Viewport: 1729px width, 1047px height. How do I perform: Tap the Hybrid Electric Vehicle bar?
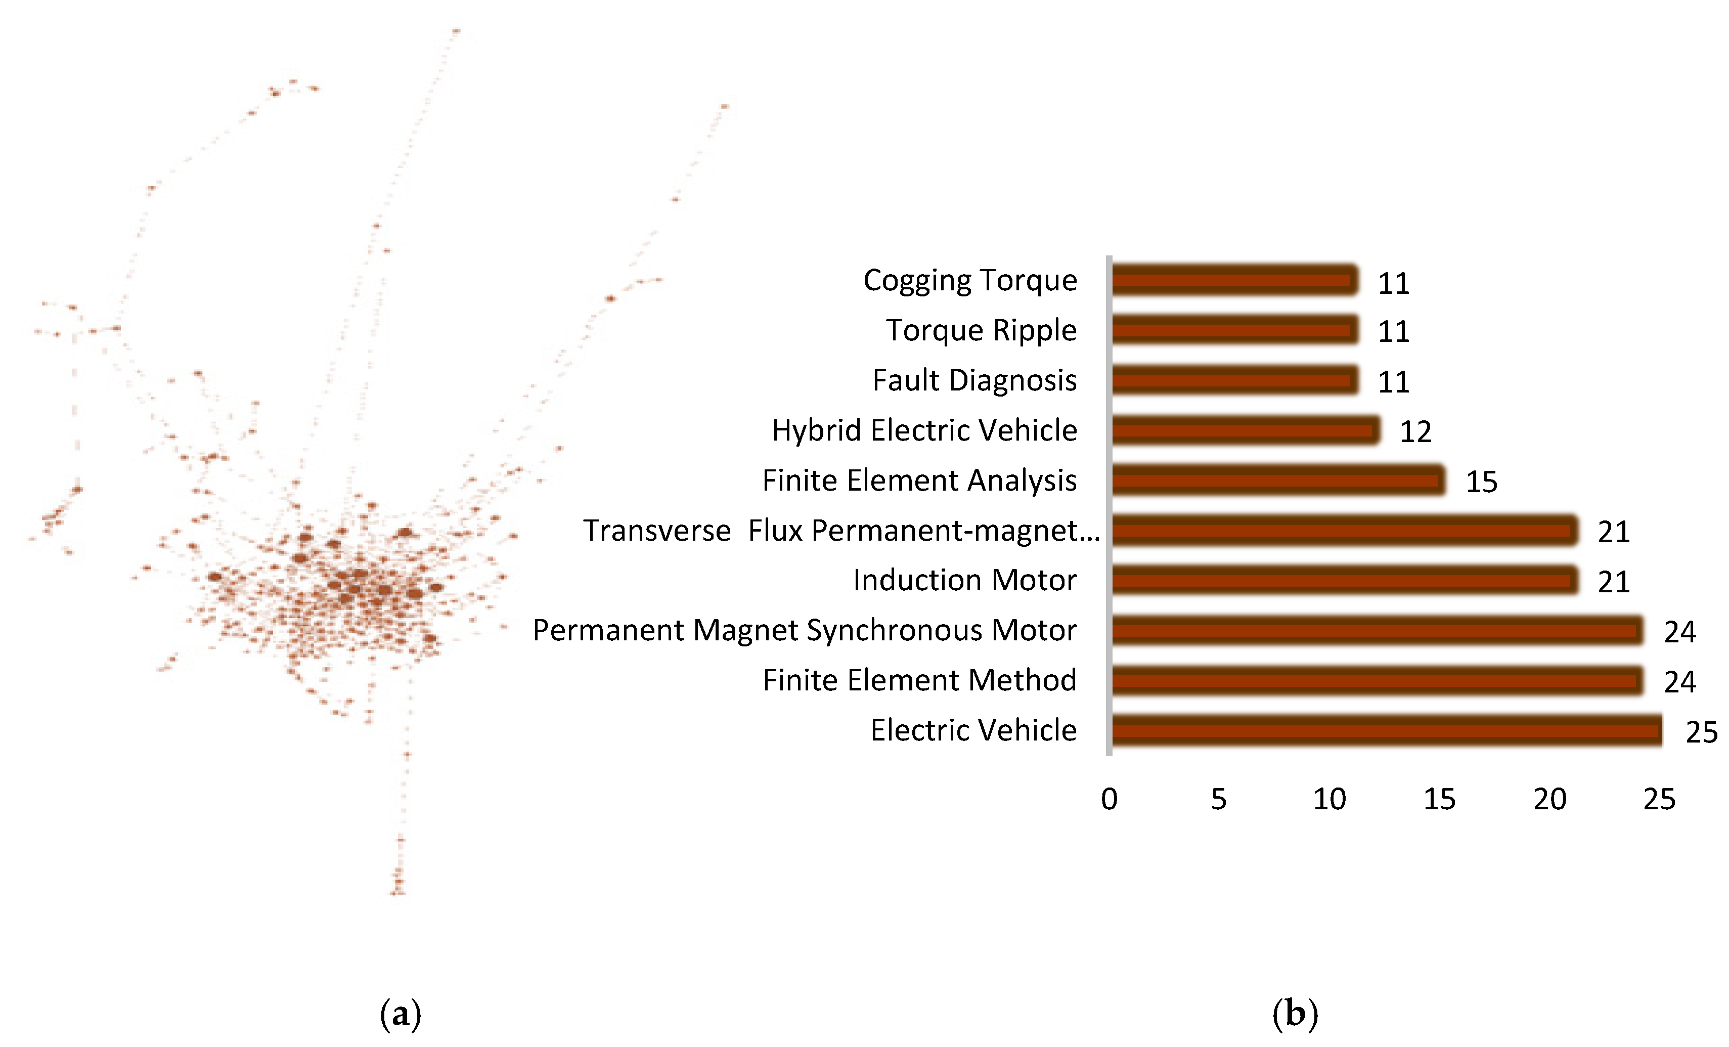click(1245, 430)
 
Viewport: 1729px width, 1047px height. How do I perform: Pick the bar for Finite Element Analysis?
click(1277, 481)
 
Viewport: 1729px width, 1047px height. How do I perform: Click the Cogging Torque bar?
click(1233, 281)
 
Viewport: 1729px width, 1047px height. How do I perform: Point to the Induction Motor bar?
click(1344, 580)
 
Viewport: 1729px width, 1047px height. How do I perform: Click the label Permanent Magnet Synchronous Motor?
click(804, 630)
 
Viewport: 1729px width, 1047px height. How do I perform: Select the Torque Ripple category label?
click(981, 330)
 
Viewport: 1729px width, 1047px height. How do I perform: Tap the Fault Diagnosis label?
click(974, 380)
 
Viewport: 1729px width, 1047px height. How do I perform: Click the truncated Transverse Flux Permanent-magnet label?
click(840, 531)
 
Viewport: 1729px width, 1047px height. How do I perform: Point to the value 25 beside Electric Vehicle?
click(1701, 732)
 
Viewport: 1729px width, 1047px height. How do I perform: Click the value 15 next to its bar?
click(1481, 482)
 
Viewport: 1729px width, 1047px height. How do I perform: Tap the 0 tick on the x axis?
click(1109, 799)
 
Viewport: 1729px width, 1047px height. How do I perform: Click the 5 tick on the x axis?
click(1219, 799)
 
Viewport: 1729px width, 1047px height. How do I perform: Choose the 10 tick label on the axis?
click(1329, 799)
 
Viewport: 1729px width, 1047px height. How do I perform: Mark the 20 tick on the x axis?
click(1549, 799)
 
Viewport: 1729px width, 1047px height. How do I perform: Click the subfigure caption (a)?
click(400, 1013)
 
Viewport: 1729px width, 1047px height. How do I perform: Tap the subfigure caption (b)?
click(1295, 1013)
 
